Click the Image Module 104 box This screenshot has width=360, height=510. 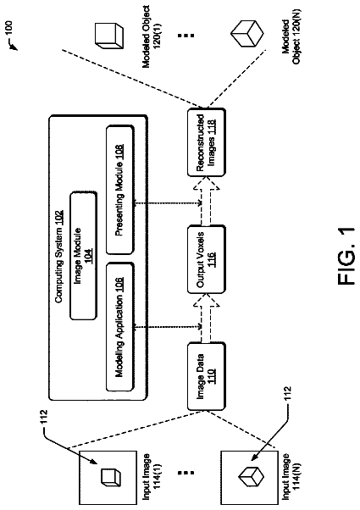pos(83,256)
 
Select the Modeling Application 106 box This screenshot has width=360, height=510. pos(119,326)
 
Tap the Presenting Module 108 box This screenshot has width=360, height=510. pos(119,190)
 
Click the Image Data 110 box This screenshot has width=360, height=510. pos(206,376)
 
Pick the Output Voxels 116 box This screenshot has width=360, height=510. pos(206,259)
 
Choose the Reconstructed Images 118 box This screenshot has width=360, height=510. pos(206,142)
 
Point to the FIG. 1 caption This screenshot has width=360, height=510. pos(346,255)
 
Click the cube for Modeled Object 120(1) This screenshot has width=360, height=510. pos(109,36)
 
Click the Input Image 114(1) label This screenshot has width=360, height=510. pos(152,476)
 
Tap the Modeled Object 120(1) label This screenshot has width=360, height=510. pos(152,36)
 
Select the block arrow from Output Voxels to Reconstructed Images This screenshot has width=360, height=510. pos(206,201)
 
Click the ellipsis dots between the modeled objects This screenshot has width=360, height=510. pos(186,35)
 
